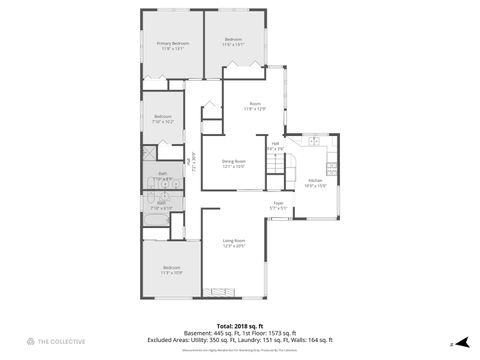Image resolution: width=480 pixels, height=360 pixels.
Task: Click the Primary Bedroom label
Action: [x=172, y=43]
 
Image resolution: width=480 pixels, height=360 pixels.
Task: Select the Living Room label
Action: [x=234, y=241]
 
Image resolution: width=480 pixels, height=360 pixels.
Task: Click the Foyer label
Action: [x=279, y=203]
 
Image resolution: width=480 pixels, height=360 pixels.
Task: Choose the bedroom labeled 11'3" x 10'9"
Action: [x=171, y=269]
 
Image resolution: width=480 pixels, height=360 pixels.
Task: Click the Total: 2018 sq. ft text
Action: [x=239, y=326]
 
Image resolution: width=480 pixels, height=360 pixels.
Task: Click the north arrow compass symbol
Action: [x=463, y=342]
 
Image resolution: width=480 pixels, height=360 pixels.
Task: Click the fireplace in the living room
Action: [x=215, y=291]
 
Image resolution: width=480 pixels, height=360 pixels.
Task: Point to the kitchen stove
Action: [x=336, y=162]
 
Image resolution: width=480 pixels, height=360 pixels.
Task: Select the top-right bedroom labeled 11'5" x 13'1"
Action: [x=234, y=43]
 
